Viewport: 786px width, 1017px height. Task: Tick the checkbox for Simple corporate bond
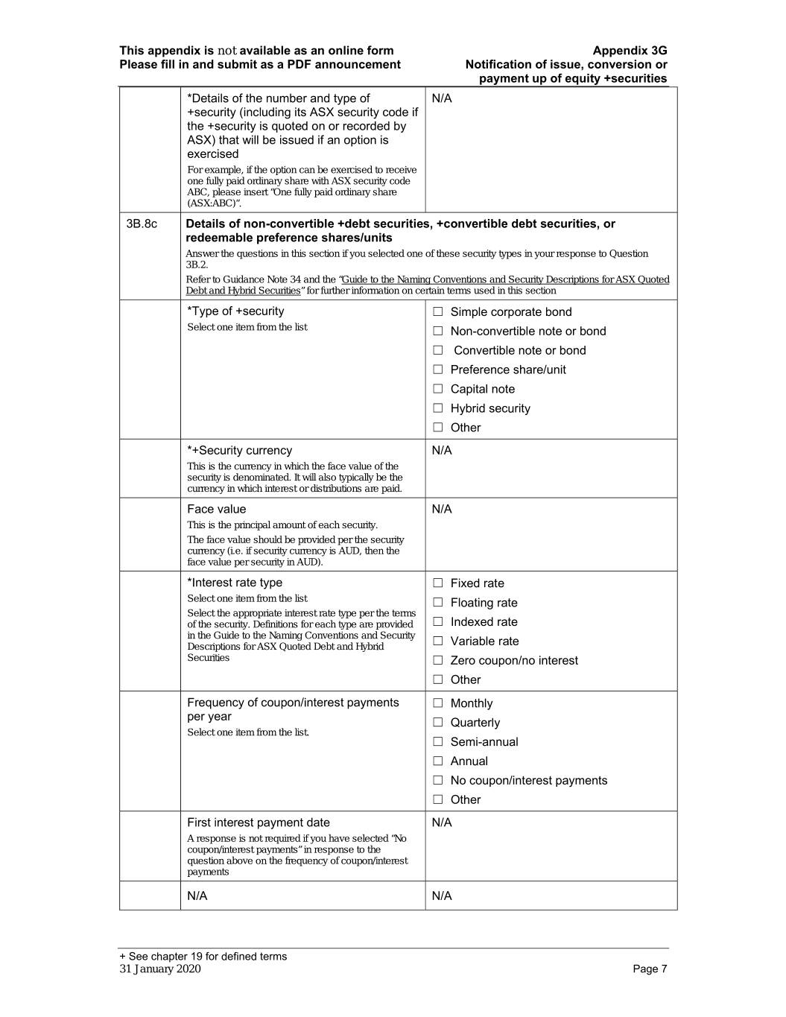(438, 312)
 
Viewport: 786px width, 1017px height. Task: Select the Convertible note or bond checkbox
(438, 351)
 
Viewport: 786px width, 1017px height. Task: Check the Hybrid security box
(438, 408)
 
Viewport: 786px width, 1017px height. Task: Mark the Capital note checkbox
(438, 389)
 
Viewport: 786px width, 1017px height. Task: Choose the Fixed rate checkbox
(438, 583)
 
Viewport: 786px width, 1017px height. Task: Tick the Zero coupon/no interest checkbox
(438, 661)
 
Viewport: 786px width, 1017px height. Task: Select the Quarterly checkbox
(438, 723)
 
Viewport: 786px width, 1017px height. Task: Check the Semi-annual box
(438, 742)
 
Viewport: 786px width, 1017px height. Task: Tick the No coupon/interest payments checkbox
(438, 781)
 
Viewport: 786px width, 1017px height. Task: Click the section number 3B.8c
(142, 224)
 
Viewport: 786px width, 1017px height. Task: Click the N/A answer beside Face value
(442, 510)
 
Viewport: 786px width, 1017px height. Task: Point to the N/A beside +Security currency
(442, 451)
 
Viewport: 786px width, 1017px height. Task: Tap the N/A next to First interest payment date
(442, 823)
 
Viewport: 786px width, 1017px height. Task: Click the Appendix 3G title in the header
(630, 51)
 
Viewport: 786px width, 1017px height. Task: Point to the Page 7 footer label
(650, 969)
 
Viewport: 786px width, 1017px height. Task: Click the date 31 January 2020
(160, 969)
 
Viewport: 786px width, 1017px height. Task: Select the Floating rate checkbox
(438, 603)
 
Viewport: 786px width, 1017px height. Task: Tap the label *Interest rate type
(235, 583)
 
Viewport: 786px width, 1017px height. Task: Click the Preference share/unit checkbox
(438, 370)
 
